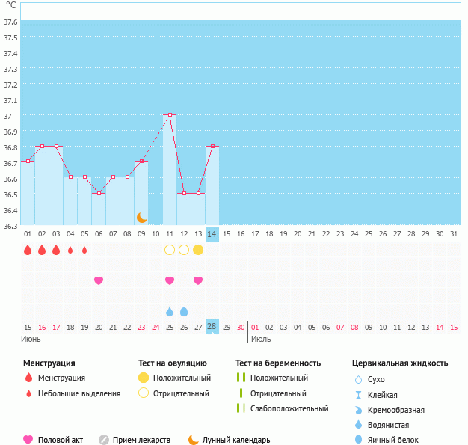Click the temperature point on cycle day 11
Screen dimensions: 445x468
[170, 115]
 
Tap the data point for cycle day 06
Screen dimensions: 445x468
[99, 193]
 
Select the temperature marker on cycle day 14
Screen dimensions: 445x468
[212, 147]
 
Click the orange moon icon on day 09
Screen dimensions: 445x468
[141, 217]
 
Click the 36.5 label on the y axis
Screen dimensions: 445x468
[10, 194]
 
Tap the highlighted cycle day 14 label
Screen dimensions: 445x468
[212, 234]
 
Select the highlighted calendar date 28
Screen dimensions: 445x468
[212, 327]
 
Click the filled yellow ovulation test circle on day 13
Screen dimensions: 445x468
[198, 250]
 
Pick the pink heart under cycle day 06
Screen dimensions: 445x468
[99, 280]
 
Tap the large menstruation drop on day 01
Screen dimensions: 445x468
[28, 250]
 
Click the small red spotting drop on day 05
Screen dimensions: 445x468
[84, 250]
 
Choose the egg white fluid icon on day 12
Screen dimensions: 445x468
[184, 311]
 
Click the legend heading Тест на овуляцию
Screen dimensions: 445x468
[173, 363]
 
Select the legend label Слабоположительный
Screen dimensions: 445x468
[290, 408]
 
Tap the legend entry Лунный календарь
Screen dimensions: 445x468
[238, 440]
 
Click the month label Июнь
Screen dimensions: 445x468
[31, 339]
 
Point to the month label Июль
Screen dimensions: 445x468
[261, 339]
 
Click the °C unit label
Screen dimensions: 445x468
[10, 5]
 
